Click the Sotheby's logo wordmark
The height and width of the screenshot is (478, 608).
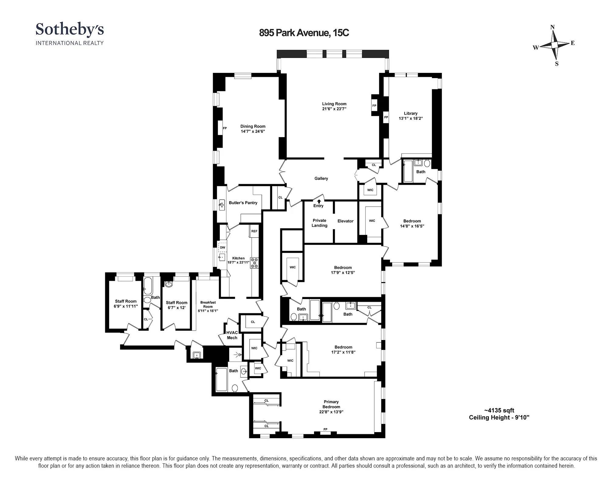pos(70,30)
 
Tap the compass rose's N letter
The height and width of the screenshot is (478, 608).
pos(552,27)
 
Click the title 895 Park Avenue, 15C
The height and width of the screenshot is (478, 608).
pos(304,33)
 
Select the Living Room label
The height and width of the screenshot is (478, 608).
pos(334,104)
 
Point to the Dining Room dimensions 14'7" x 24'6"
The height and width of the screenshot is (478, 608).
pos(253,132)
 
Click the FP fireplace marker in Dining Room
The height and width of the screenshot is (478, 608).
pos(225,128)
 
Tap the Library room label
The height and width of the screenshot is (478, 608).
pos(411,113)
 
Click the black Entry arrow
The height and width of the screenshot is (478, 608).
pos(319,201)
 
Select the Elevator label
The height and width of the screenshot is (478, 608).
pos(345,221)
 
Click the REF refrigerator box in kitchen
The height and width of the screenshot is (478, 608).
pos(254,231)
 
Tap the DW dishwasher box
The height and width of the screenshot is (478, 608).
pos(223,247)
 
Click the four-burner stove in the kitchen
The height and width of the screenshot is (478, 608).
pos(254,263)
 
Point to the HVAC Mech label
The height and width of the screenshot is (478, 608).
pos(232,335)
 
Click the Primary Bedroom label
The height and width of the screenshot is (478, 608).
pos(331,404)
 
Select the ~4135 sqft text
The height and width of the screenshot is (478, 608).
pos(499,411)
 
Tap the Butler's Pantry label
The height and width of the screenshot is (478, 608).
pos(243,203)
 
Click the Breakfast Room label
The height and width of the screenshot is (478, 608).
pos(208,304)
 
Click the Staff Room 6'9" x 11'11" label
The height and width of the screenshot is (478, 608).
pos(126,304)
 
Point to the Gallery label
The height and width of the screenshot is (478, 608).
pos(321,178)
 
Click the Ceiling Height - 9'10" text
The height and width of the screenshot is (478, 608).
pos(499,418)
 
